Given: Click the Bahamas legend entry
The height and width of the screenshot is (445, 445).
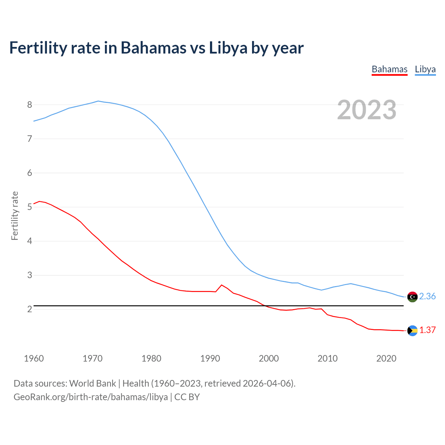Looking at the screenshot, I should coord(389,69).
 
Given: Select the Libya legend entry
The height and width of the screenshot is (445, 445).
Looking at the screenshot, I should coord(425,69).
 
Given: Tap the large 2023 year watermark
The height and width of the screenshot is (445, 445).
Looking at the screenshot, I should coord(367,110).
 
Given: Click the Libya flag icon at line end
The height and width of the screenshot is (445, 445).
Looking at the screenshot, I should coord(412,297).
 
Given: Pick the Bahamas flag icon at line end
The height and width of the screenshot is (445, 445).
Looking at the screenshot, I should coord(412,330).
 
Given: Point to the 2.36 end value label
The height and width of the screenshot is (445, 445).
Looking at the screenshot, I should coord(427,296).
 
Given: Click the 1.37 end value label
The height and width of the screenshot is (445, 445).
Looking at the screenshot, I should coord(427,330).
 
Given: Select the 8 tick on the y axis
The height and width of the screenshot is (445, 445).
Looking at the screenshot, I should coord(30,105).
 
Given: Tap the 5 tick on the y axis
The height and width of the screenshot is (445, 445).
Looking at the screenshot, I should coord(30,207).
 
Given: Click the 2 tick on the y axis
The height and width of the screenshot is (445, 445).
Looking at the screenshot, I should coord(30,309).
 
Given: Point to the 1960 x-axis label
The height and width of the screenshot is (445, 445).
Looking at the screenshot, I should coord(34,358).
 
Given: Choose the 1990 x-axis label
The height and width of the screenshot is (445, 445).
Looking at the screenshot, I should coord(210,358).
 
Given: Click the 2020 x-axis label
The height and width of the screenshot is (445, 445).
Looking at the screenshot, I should coord(386,358).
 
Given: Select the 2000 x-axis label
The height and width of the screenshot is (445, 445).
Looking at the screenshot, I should coord(269,358).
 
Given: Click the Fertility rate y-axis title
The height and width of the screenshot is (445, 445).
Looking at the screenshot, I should coord(15,216).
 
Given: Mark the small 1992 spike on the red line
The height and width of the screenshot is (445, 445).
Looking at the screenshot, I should coord(221,285).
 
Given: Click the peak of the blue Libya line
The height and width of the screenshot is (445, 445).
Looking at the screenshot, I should coord(98,101).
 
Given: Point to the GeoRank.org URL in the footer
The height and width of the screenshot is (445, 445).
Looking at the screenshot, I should coord(91,397).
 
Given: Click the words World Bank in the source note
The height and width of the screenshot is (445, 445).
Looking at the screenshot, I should coord(92,383).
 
